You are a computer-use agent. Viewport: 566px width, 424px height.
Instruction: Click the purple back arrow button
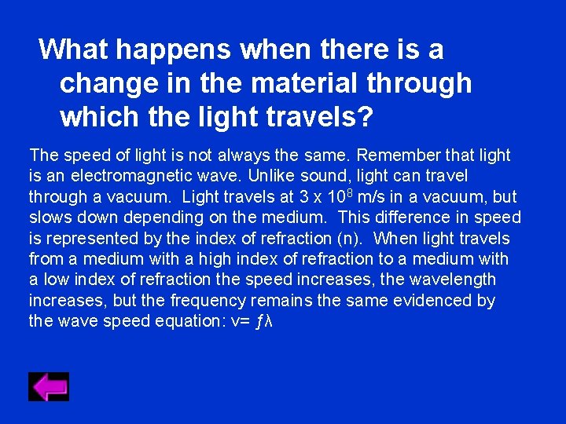(49, 386)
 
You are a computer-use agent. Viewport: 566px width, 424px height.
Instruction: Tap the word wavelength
(456, 280)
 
